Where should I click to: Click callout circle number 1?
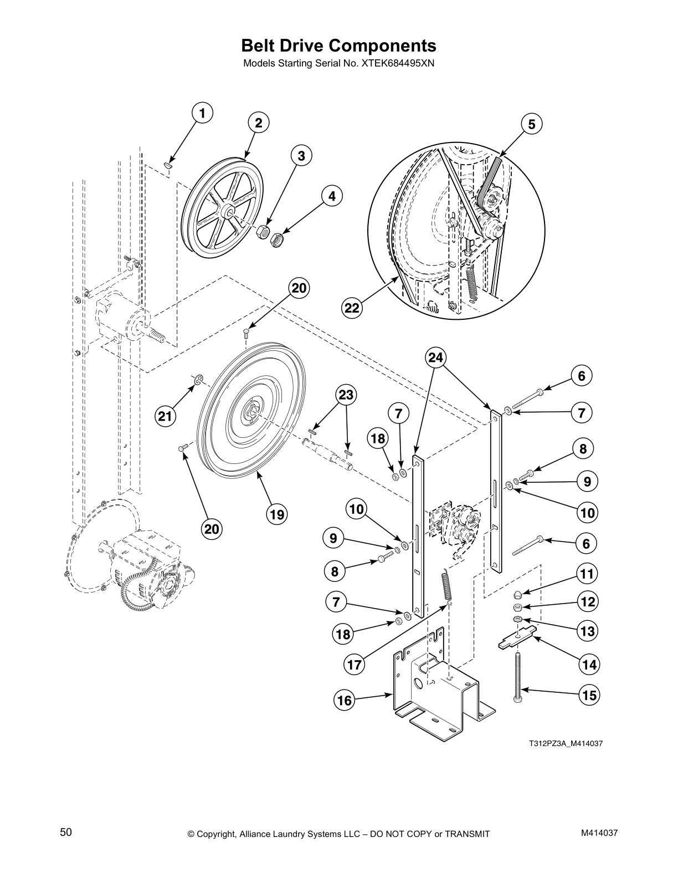(x=202, y=114)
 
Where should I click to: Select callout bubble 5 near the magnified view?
(x=531, y=124)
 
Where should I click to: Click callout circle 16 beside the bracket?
(x=345, y=701)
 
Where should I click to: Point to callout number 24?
(x=436, y=358)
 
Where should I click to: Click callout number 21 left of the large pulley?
(x=165, y=416)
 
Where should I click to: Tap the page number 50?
(x=66, y=832)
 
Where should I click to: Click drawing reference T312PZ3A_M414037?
(x=565, y=743)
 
